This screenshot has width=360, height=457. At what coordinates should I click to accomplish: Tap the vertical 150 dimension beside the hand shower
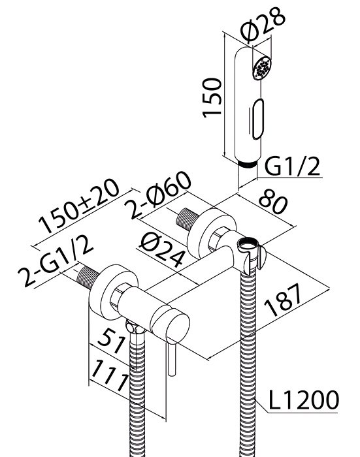click(212, 98)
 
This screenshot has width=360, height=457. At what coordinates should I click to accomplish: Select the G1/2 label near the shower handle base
click(292, 166)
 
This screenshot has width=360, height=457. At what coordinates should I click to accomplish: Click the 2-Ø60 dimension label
click(157, 195)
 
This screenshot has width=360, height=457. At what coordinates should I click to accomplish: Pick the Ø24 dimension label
click(162, 250)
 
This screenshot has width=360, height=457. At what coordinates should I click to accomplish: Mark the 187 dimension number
click(283, 300)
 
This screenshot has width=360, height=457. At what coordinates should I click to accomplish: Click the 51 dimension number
click(112, 340)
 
